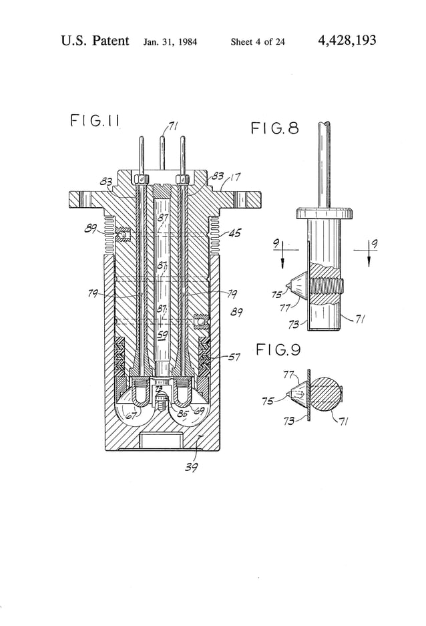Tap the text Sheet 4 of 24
click(258, 42)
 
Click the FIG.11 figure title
click(94, 121)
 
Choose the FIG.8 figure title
click(274, 128)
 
